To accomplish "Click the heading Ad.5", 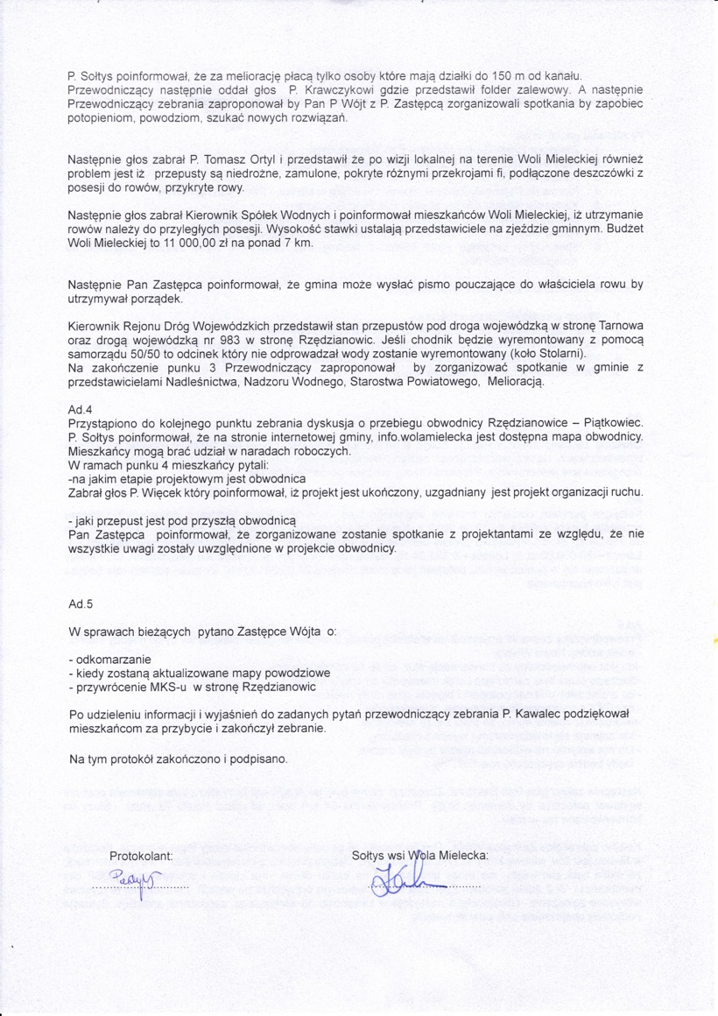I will click(x=80, y=604).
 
